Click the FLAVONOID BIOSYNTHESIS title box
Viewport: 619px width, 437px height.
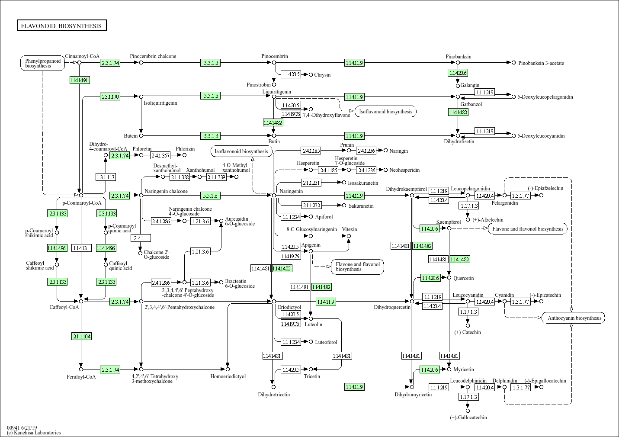(x=61, y=26)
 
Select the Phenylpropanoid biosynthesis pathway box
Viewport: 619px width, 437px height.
(x=42, y=63)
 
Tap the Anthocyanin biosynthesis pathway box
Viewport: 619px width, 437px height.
(x=574, y=318)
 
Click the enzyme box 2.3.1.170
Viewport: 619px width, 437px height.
(x=110, y=96)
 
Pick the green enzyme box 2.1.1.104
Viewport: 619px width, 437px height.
(x=81, y=336)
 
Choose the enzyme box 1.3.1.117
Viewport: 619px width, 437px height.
(x=106, y=177)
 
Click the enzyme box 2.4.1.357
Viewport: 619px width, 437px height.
(x=160, y=155)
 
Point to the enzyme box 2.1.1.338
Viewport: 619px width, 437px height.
(x=180, y=177)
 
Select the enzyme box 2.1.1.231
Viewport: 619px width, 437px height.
(x=311, y=183)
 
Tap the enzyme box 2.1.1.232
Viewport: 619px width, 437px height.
(x=311, y=205)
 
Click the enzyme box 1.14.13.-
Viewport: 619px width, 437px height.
(x=81, y=248)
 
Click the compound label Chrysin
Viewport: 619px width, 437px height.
(x=322, y=75)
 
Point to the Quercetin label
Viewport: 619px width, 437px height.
(x=464, y=278)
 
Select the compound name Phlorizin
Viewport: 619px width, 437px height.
(x=185, y=149)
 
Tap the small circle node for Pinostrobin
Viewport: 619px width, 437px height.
(x=274, y=85)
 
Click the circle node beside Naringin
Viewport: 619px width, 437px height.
(x=385, y=151)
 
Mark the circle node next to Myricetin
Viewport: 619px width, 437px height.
(x=449, y=370)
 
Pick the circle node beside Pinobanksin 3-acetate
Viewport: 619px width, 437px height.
(x=514, y=63)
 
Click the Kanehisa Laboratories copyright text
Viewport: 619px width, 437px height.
(x=34, y=433)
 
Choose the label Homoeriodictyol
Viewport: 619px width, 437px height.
(x=228, y=376)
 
